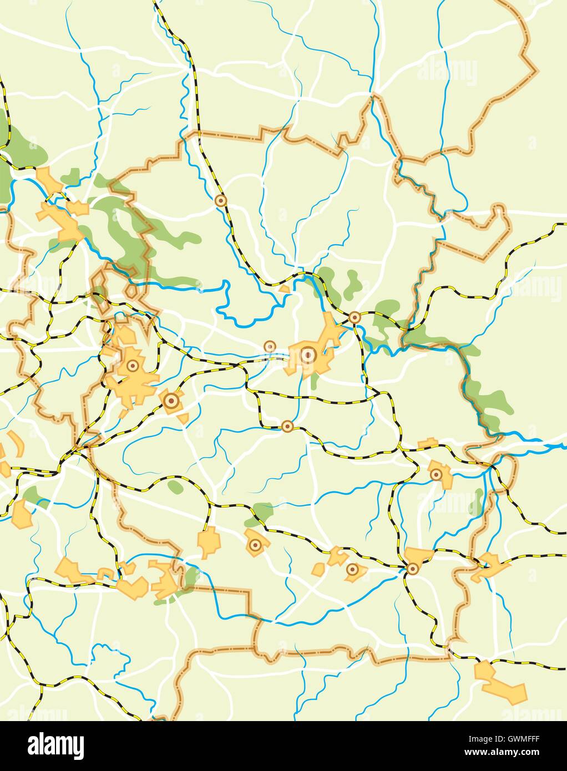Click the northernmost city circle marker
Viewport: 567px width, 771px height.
click(x=221, y=200)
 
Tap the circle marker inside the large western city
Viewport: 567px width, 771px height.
click(x=133, y=366)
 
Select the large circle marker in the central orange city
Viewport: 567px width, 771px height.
click(x=308, y=353)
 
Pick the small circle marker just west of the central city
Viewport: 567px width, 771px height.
click(x=270, y=347)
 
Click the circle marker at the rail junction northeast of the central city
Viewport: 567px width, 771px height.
click(x=355, y=318)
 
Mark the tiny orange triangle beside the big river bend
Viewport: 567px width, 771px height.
click(x=284, y=289)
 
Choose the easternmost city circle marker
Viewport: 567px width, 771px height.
click(x=437, y=474)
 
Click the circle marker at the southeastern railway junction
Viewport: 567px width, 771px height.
click(x=412, y=569)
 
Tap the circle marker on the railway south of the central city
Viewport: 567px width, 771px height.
click(x=287, y=426)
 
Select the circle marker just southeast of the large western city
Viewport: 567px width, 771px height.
click(x=171, y=400)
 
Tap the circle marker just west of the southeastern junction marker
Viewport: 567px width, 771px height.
click(x=352, y=569)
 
